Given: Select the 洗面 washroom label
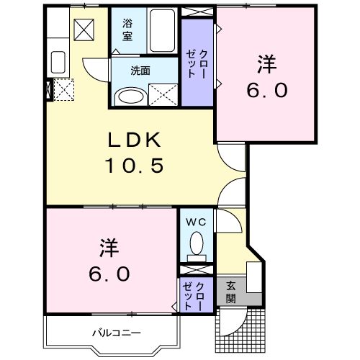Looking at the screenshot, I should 140,72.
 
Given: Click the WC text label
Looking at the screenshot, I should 196,223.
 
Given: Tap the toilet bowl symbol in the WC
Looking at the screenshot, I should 195,248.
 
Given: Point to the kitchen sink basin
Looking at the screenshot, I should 58,62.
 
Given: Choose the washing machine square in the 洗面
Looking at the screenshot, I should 164,95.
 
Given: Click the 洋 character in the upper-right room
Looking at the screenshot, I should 265,63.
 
